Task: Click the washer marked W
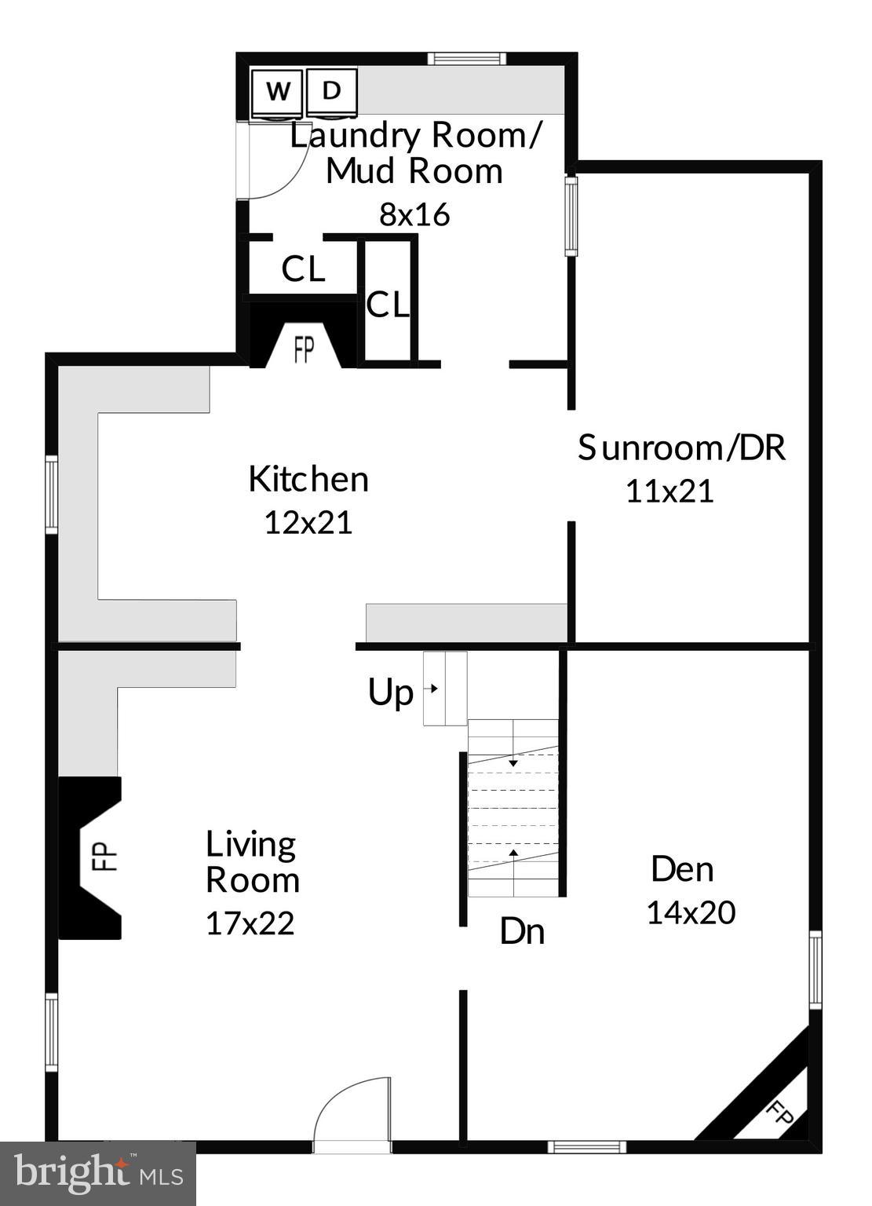[276, 92]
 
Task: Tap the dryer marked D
[331, 91]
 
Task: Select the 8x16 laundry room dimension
[414, 214]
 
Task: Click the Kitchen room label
[308, 479]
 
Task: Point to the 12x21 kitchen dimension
[308, 522]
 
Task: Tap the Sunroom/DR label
[681, 448]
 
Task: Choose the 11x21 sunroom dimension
[670, 492]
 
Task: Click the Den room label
[682, 869]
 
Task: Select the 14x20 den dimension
[691, 912]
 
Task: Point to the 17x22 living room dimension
[250, 923]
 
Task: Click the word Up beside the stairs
[390, 693]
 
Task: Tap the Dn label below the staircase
[522, 931]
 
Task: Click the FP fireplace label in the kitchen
[304, 350]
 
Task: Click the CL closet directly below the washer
[303, 269]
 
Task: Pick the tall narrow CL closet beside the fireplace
[388, 305]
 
